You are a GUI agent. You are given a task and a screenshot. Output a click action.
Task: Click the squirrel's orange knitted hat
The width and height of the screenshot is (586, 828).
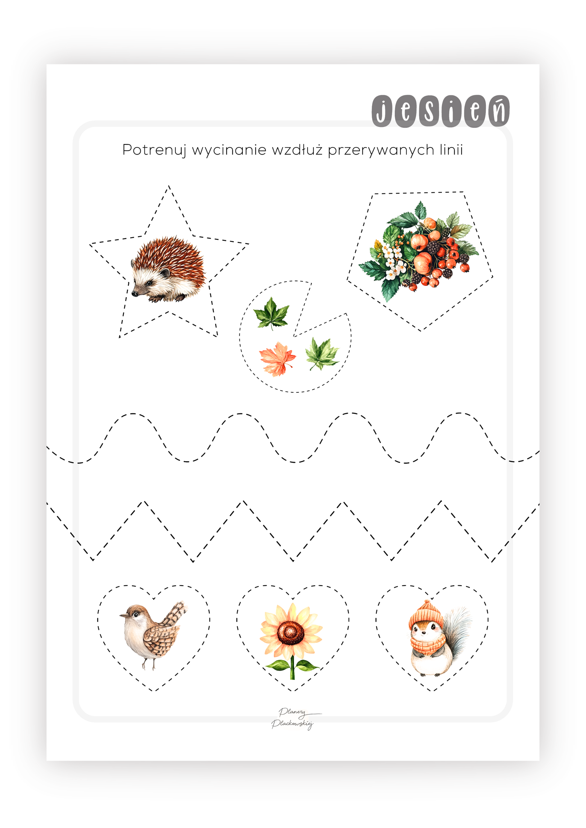pos(426,614)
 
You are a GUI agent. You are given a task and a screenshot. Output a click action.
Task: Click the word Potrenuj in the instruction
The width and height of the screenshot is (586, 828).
pos(154,150)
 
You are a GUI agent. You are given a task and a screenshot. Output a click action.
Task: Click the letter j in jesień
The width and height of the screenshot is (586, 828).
pos(382,111)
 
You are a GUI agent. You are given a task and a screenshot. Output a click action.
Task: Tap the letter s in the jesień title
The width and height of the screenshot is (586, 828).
pos(428,111)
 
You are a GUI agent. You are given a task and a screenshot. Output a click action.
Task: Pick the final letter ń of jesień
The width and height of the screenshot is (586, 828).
pos(499,110)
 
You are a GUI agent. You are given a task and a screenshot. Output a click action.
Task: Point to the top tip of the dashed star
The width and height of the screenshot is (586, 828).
pos(169,186)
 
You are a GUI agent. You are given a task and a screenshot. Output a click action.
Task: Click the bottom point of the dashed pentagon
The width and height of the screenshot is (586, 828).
pos(420,330)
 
